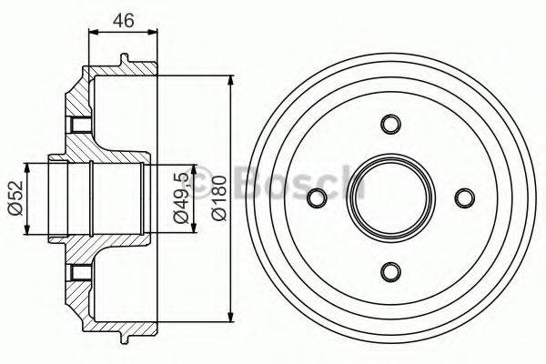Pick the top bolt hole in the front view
tap(390, 124)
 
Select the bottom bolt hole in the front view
tap(390, 271)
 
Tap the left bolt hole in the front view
tap(317, 197)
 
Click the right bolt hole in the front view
tap(464, 197)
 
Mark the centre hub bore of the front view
tap(390, 197)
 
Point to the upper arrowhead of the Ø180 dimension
tap(231, 81)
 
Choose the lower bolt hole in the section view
tap(76, 271)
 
